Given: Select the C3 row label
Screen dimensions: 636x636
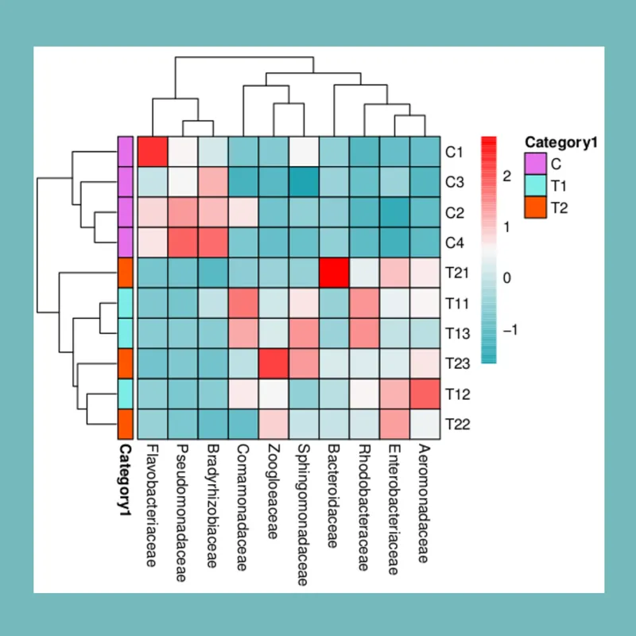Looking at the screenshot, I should [455, 181].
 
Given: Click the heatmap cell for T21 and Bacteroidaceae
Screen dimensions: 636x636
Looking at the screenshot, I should [334, 272].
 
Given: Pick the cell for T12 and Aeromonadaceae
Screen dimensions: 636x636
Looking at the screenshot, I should [425, 394].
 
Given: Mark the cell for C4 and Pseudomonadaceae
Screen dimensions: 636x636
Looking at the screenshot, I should [183, 242].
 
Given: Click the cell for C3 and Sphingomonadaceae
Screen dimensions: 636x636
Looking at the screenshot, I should [304, 181].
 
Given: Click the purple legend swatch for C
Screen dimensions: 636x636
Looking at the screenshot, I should [535, 165].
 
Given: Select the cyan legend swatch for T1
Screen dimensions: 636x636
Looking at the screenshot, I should [535, 186].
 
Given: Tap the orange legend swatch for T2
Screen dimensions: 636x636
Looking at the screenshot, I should [535, 207].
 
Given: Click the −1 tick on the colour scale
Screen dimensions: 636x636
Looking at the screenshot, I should [509, 329].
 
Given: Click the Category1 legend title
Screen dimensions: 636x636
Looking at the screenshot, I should [560, 143].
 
